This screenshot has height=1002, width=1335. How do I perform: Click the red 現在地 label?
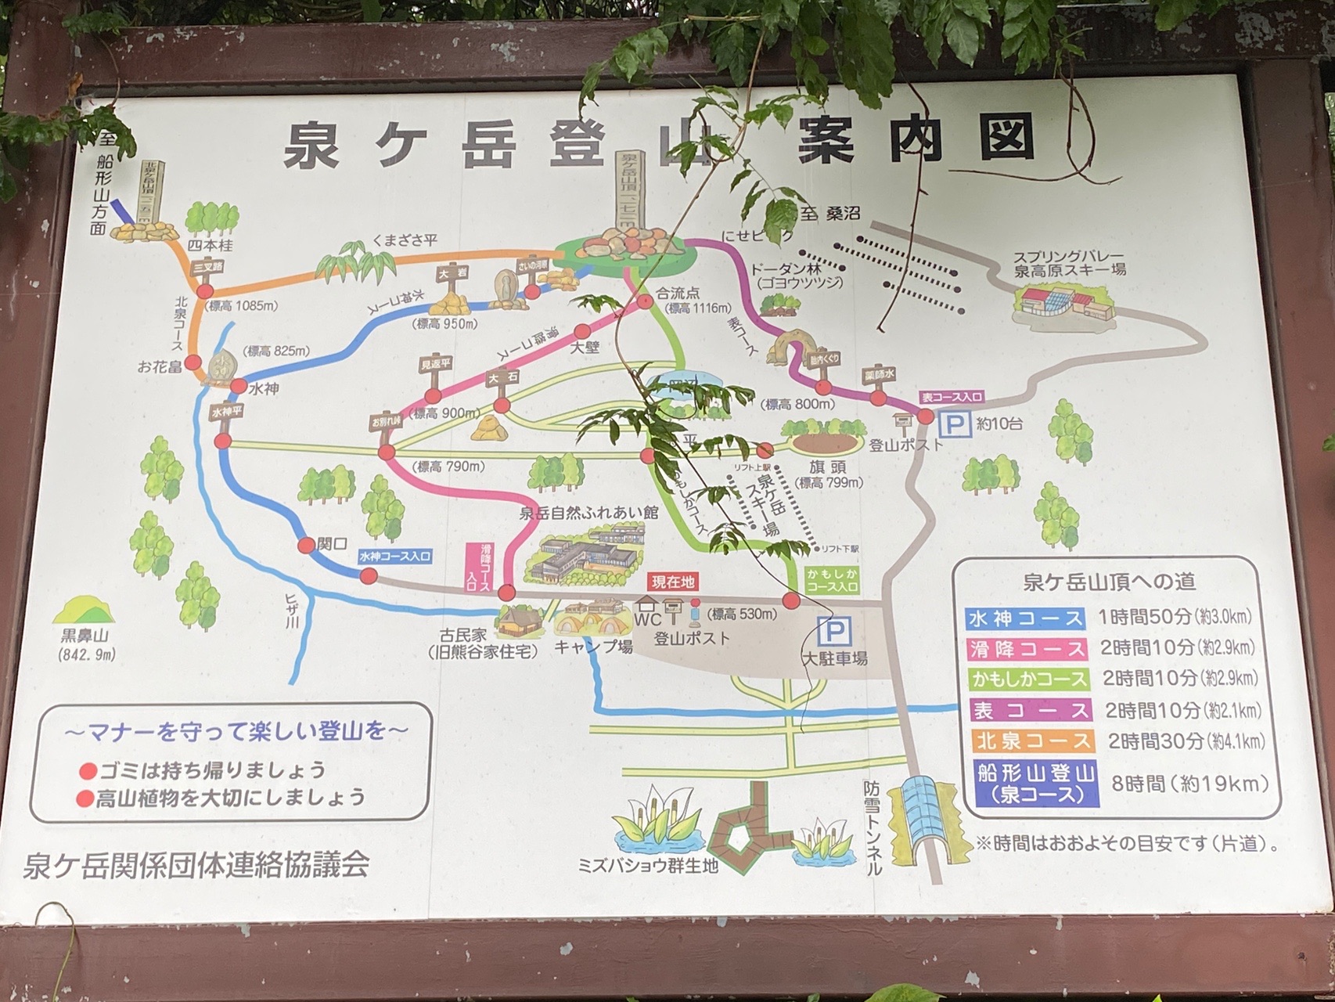click(672, 582)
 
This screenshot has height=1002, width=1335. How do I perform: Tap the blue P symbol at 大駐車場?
click(833, 630)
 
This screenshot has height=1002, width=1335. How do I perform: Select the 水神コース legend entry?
click(1025, 618)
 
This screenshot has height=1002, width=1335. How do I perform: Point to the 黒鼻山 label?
click(85, 636)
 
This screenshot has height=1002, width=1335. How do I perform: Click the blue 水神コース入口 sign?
click(394, 557)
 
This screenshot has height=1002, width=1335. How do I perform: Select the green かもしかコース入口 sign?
click(832, 580)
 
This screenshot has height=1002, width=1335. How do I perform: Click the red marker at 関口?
click(306, 546)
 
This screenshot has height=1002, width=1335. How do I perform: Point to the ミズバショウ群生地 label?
click(648, 865)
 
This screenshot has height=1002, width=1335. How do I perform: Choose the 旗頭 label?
click(827, 467)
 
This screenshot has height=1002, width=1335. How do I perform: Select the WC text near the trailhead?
click(647, 619)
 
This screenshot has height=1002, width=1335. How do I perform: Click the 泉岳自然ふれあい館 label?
click(588, 513)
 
